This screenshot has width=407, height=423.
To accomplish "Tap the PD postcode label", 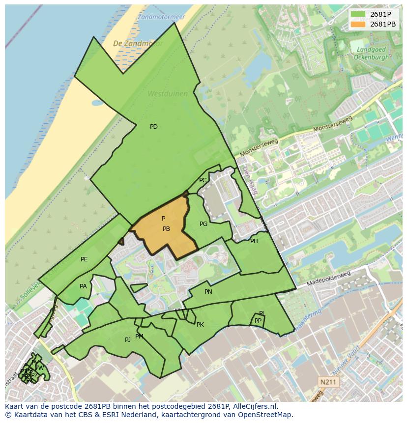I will [x=154, y=127].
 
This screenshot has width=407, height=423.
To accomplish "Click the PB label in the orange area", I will [x=166, y=229].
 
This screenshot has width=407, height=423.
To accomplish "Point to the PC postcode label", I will [x=203, y=180].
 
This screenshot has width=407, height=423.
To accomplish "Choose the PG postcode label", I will [x=203, y=224].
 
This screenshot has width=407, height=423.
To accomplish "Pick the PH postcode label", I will [x=254, y=241].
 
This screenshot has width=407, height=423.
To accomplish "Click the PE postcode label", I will [x=84, y=259].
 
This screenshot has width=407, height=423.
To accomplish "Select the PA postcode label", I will [x=83, y=286].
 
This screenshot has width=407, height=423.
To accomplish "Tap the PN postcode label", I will [x=208, y=292].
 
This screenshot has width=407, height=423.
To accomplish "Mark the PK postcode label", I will [x=200, y=325].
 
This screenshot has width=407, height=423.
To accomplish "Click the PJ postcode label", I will [x=128, y=339].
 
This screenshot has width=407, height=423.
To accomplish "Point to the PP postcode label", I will [x=258, y=321].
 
